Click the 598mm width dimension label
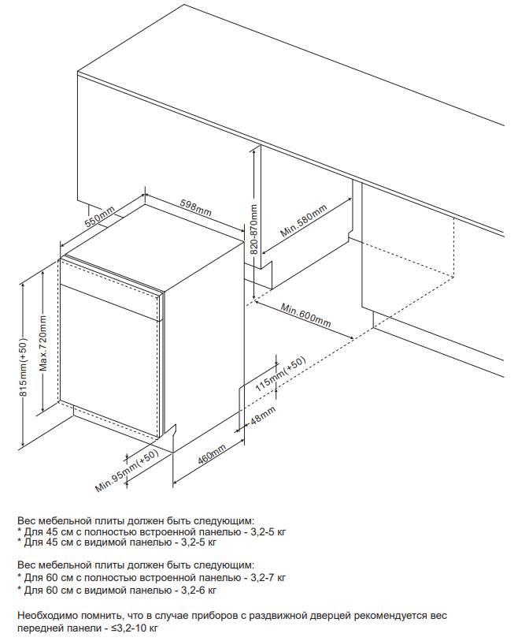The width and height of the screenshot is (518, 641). (195, 207)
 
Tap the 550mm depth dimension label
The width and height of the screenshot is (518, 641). (100, 217)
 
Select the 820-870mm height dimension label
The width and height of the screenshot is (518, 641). (254, 229)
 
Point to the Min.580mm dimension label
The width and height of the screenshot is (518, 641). (304, 221)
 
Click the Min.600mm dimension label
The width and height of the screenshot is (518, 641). (305, 315)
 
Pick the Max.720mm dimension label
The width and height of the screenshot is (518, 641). (43, 344)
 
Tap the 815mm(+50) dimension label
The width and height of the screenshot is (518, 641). (23, 367)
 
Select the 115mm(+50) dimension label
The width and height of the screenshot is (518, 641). (280, 374)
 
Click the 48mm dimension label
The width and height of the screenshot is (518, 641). (263, 415)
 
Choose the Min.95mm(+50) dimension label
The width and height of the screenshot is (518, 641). (127, 471)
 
